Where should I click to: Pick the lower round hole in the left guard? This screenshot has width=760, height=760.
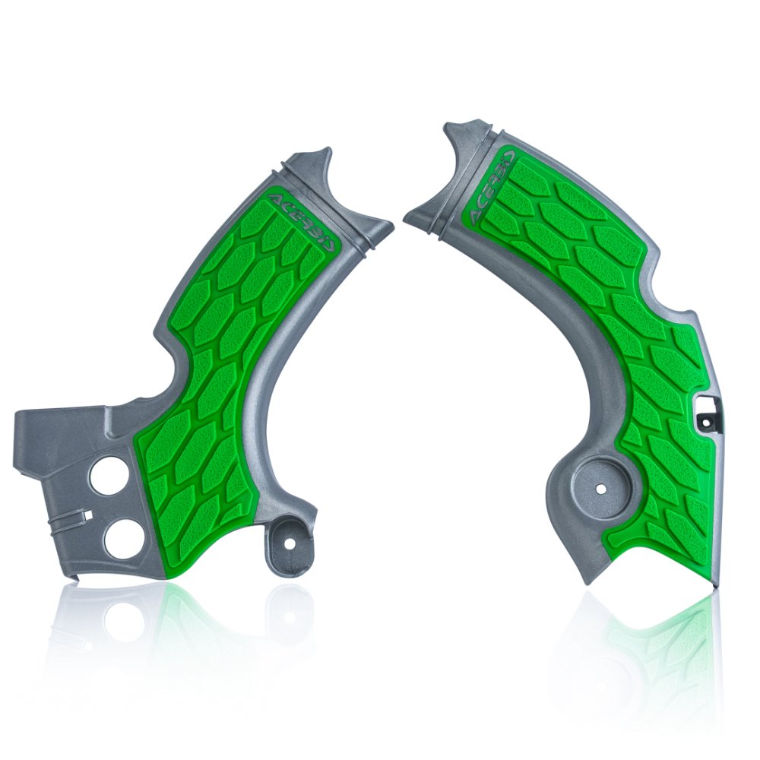pyautogui.click(x=122, y=540)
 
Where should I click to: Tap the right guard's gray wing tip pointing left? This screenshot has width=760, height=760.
pyautogui.click(x=408, y=214)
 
